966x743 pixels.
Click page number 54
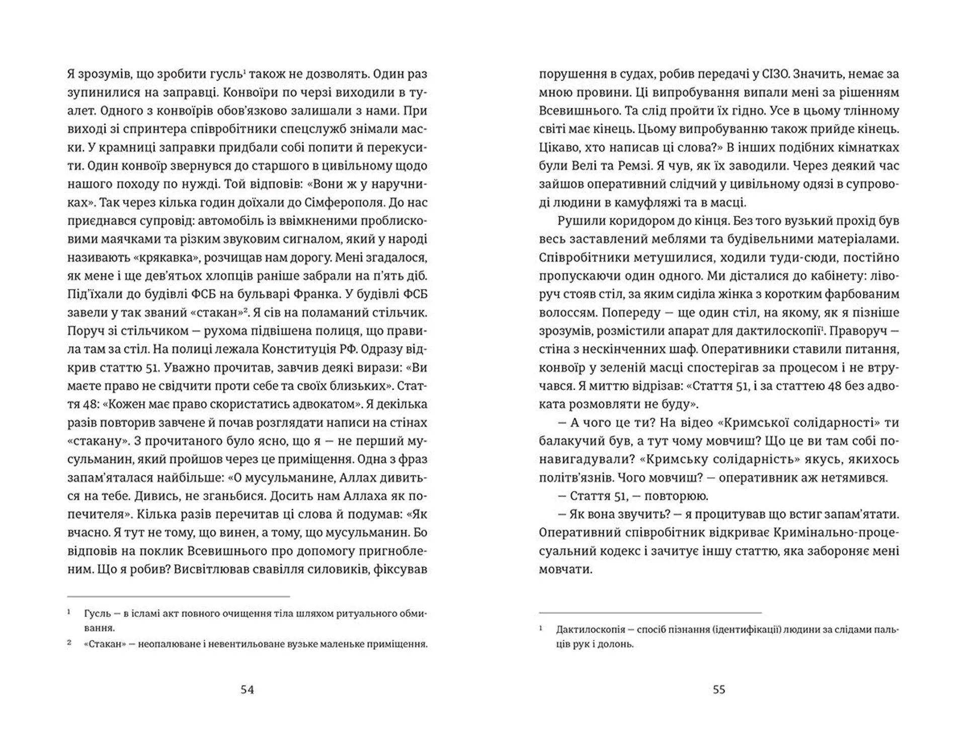tap(247, 689)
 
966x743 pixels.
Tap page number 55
tap(719, 689)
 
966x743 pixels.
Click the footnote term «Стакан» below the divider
tap(105, 644)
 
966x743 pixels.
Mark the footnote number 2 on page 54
tap(69, 642)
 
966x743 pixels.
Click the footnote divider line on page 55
tap(650, 613)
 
